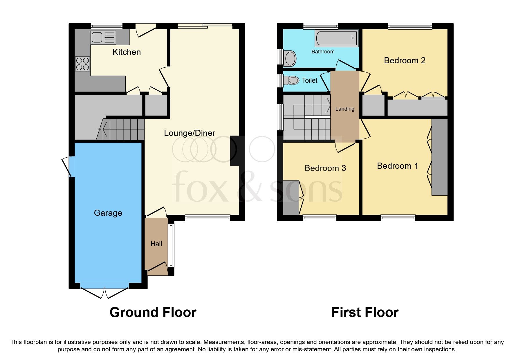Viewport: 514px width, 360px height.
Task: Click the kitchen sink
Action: [x=103, y=37]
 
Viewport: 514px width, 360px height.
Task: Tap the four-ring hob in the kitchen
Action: [x=82, y=64]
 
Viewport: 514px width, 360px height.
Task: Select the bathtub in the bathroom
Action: [x=336, y=39]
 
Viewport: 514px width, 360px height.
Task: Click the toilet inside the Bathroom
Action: [x=290, y=58]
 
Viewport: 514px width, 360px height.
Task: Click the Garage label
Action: [x=108, y=213]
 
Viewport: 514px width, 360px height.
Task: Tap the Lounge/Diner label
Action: [x=190, y=133]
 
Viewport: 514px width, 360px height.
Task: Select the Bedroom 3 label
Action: [x=325, y=168]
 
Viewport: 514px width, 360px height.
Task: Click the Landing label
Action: [x=345, y=109]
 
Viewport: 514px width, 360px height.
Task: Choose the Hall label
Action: [x=156, y=244]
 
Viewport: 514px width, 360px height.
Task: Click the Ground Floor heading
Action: [x=153, y=312]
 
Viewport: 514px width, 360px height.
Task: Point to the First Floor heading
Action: [x=365, y=312]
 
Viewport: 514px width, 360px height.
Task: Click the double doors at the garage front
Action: [x=104, y=292]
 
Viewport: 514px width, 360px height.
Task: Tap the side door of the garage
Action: [x=67, y=167]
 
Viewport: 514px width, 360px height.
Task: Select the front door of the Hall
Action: [x=158, y=267]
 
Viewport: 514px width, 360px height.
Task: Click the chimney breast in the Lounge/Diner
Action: [x=235, y=151]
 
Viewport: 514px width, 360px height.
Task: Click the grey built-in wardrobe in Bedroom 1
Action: [x=439, y=157]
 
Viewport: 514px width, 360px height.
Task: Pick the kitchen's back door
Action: [x=146, y=31]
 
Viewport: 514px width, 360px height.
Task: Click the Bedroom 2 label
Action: [x=405, y=60]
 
